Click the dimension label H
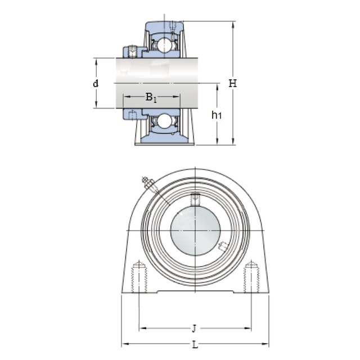click(x=232, y=83)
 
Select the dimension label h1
click(x=217, y=115)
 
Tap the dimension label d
click(x=96, y=83)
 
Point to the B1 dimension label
click(x=151, y=97)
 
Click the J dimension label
click(x=194, y=328)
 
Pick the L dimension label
click(x=195, y=345)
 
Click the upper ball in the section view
click(x=165, y=44)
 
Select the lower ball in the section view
click(x=165, y=121)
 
